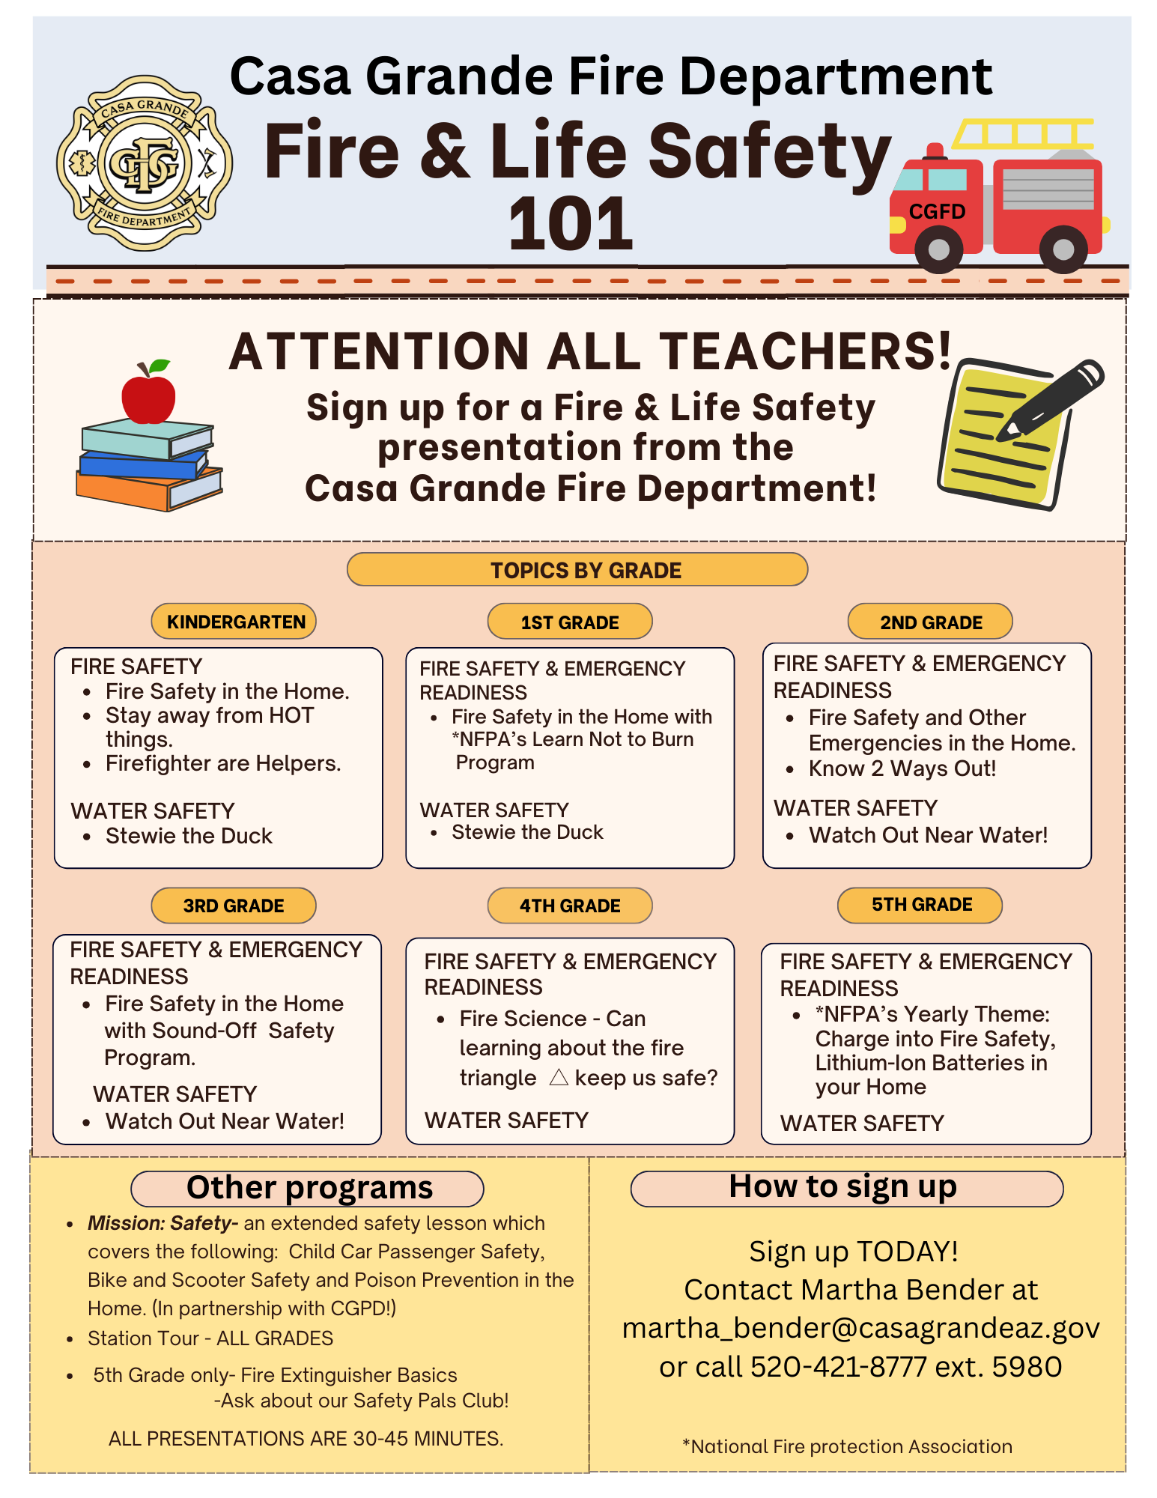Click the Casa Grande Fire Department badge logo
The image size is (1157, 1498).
(x=145, y=163)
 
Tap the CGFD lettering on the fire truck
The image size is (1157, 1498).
(x=937, y=212)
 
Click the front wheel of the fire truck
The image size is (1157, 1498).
(x=938, y=249)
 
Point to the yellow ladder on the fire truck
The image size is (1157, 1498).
(x=1023, y=134)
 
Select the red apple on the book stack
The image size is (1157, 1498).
(x=148, y=395)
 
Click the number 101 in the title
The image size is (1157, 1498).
(x=571, y=224)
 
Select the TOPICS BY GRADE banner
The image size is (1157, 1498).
(x=577, y=570)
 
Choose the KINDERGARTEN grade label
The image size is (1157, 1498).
(x=234, y=622)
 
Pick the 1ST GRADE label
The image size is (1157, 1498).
(x=570, y=622)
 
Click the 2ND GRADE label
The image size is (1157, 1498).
(x=930, y=622)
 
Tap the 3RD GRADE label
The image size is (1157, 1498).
(x=234, y=906)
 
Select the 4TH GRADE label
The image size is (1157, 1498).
(x=570, y=906)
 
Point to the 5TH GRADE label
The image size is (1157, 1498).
(x=920, y=905)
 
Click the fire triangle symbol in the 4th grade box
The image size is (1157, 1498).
(x=559, y=1077)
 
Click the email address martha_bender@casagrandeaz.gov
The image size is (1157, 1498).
(x=860, y=1328)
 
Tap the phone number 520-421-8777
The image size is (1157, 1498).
(x=839, y=1367)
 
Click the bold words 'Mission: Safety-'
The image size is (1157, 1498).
(x=163, y=1223)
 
